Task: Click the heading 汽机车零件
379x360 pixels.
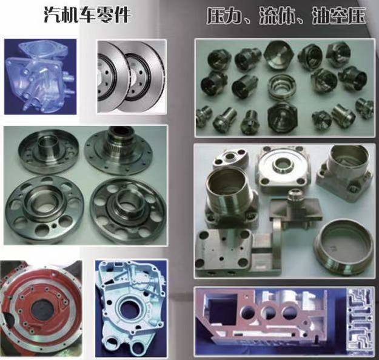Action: coord(87,15)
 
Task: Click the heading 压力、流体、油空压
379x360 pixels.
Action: coord(286,16)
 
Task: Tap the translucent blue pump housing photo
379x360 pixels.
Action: coord(41,76)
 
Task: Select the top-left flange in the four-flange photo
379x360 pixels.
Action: coord(49,152)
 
